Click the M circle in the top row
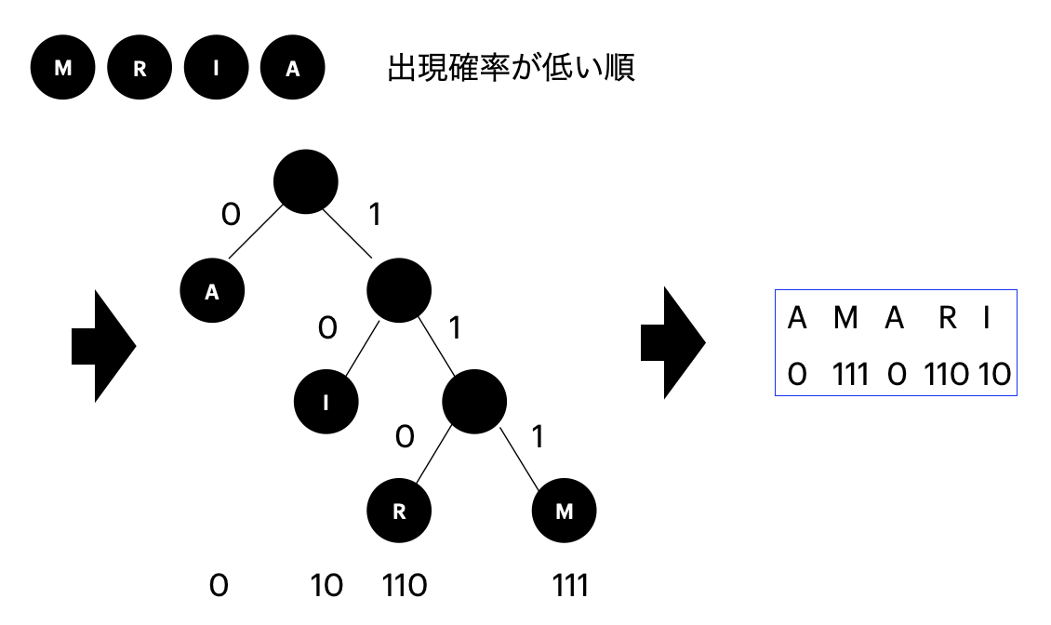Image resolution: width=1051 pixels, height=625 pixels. coord(61,72)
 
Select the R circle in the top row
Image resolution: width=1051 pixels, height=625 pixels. coord(139,72)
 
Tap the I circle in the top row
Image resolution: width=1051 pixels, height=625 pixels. coord(216,72)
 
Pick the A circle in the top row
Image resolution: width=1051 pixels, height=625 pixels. coord(293,72)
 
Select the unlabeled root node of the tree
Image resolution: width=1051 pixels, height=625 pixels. coord(306,181)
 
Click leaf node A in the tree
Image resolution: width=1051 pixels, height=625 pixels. coord(212,291)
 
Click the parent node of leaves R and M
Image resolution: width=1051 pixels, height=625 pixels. coord(474,401)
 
